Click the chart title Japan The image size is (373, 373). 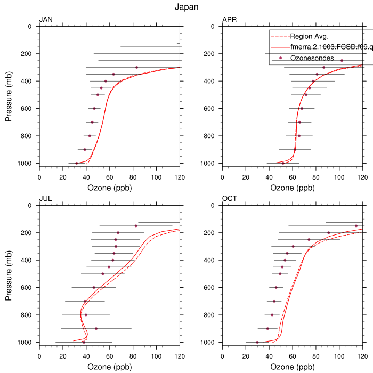coord(186,7)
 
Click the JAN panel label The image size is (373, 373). coord(46,20)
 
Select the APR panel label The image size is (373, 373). coord(230,20)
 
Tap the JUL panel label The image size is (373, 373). coord(46,199)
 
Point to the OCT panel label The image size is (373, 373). coord(230,199)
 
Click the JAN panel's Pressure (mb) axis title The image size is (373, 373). coord(9,94)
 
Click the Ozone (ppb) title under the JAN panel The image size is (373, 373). coord(109,188)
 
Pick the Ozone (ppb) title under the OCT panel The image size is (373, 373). coord(293,367)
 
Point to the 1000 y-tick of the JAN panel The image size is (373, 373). coord(26,163)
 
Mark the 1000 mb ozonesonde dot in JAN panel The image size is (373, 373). coord(77,163)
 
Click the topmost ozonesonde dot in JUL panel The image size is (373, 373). coord(136,226)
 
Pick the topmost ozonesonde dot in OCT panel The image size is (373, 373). coord(356,226)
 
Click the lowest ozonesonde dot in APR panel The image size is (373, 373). coord(283,163)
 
